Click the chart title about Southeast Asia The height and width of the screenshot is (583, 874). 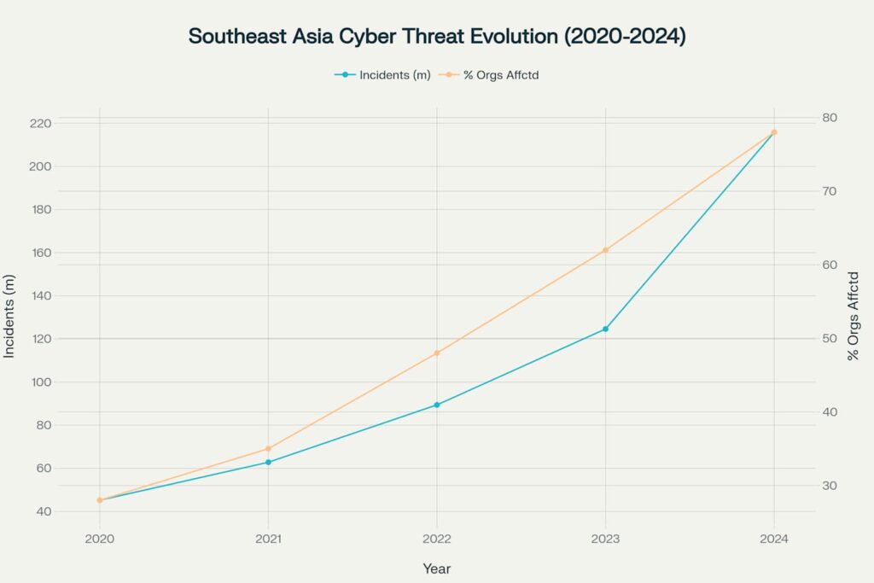pyautogui.click(x=436, y=37)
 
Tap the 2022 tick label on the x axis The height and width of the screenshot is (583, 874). pyautogui.click(x=437, y=539)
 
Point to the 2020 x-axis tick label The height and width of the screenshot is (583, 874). pyautogui.click(x=100, y=539)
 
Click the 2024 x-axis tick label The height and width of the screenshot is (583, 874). pyautogui.click(x=774, y=539)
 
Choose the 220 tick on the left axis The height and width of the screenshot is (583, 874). pyautogui.click(x=39, y=123)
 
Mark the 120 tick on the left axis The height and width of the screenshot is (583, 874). pyautogui.click(x=39, y=339)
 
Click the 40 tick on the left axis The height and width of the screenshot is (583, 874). pyautogui.click(x=43, y=511)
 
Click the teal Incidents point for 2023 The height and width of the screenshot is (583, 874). pyautogui.click(x=605, y=329)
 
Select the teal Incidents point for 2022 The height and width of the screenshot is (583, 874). pyautogui.click(x=437, y=405)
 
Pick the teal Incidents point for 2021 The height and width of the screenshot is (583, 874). pyautogui.click(x=268, y=462)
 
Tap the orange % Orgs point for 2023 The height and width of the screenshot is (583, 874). pyautogui.click(x=605, y=250)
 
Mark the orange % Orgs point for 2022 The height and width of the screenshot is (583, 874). pyautogui.click(x=437, y=353)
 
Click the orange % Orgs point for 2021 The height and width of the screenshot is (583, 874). pyautogui.click(x=268, y=448)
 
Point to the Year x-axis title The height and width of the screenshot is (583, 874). pyautogui.click(x=437, y=568)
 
